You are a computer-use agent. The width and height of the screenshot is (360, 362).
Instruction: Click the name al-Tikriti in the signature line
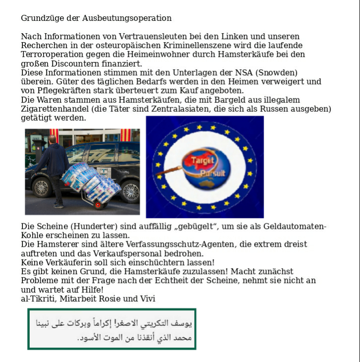[x=38, y=298]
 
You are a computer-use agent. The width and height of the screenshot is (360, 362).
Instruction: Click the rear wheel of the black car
[x=131, y=191]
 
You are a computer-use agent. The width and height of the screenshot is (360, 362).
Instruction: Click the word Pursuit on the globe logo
[x=214, y=173]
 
